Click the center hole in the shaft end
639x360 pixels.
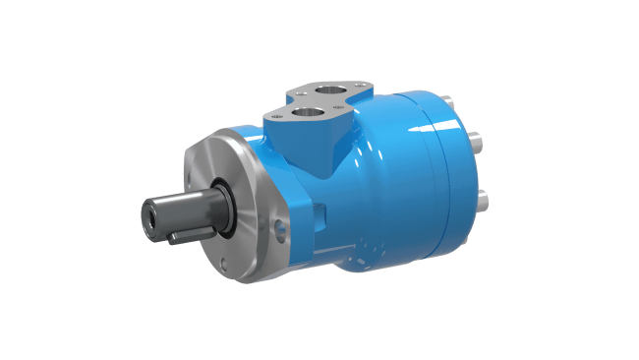pyautogui.click(x=150, y=215)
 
